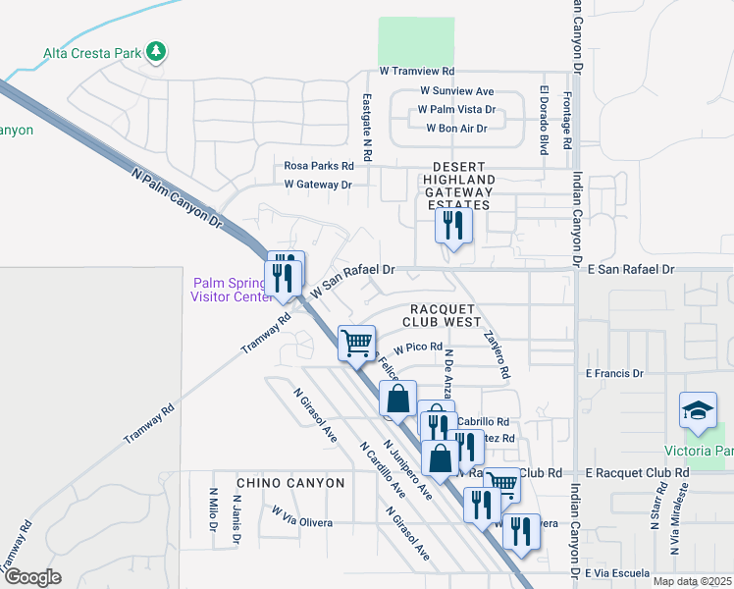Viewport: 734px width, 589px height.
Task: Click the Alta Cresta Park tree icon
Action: (x=155, y=51)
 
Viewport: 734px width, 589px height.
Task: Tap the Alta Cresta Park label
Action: (x=92, y=53)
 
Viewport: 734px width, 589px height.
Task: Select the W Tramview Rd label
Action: (x=417, y=72)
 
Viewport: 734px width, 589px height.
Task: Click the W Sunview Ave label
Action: (x=455, y=91)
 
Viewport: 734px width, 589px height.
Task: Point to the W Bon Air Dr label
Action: (x=456, y=129)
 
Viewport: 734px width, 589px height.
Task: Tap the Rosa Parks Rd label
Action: (x=319, y=166)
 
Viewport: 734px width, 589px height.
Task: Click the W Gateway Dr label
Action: (x=318, y=184)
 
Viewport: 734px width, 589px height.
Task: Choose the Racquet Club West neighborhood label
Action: (x=442, y=312)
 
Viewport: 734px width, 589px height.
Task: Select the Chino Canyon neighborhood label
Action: (x=290, y=483)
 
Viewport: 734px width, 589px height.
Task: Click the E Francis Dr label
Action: (x=613, y=373)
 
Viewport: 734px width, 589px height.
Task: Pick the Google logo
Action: (x=32, y=577)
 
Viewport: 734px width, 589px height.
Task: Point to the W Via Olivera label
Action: (x=302, y=516)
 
